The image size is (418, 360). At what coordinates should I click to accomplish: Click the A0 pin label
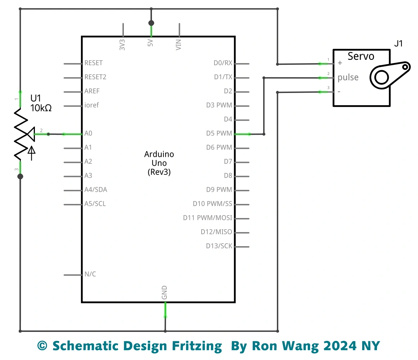point(88,133)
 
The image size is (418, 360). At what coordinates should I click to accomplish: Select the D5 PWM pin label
point(219,133)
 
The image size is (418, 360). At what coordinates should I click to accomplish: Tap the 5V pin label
point(151,43)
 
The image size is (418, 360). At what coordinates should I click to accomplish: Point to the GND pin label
point(165,293)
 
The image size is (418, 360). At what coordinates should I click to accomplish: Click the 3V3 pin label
point(123,44)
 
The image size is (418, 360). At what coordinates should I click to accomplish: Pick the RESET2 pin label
point(95,77)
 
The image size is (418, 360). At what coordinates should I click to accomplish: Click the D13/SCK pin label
point(219,246)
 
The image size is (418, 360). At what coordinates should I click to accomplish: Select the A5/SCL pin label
point(95,204)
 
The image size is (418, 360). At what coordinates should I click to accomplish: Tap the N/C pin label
point(90,274)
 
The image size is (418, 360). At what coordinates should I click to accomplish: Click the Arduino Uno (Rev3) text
point(159,163)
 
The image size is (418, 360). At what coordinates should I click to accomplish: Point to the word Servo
point(361,56)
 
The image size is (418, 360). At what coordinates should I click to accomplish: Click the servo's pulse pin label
point(348,77)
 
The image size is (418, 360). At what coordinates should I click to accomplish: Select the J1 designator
point(399,44)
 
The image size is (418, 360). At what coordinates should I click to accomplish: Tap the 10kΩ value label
point(41,108)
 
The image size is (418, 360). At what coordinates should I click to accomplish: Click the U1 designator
point(36,98)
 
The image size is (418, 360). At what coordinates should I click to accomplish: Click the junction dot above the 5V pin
point(151,23)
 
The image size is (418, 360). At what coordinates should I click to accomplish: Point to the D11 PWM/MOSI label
point(207,218)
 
